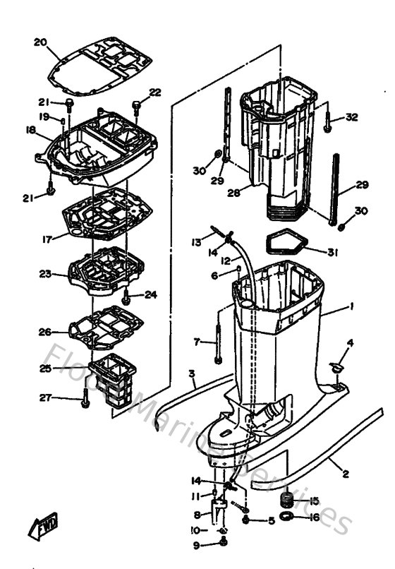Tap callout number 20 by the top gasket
pos(40,42)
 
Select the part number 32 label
pos(352,117)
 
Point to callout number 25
pos(45,368)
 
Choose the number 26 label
pos(45,331)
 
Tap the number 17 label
pos(47,239)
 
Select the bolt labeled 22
pos(137,106)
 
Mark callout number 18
pos(30,130)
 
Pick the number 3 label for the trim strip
pos(191,373)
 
